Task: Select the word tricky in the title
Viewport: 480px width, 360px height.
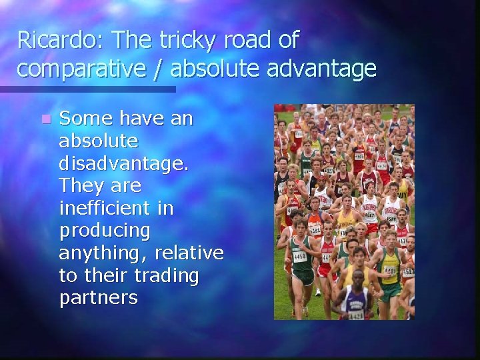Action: coord(186,41)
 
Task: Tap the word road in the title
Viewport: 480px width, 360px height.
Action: coord(248,41)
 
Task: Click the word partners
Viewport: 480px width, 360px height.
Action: coord(98,298)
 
